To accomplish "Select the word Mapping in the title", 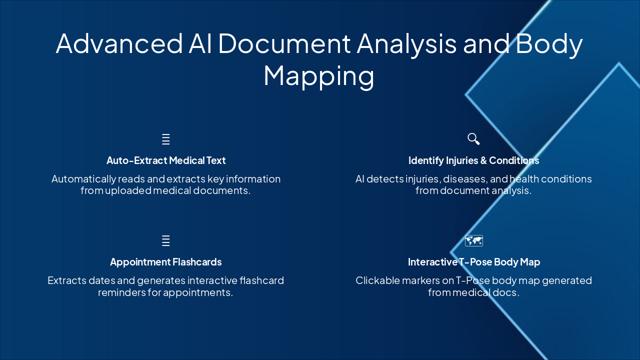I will pyautogui.click(x=318, y=75).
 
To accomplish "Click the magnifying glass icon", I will pyautogui.click(x=473, y=139).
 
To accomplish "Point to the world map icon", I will pyautogui.click(x=473, y=241).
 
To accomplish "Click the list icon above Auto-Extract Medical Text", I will pyautogui.click(x=166, y=139).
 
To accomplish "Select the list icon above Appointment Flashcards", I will pyautogui.click(x=166, y=241).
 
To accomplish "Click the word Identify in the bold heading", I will pyautogui.click(x=426, y=160).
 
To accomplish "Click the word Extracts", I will pyautogui.click(x=65, y=280).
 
